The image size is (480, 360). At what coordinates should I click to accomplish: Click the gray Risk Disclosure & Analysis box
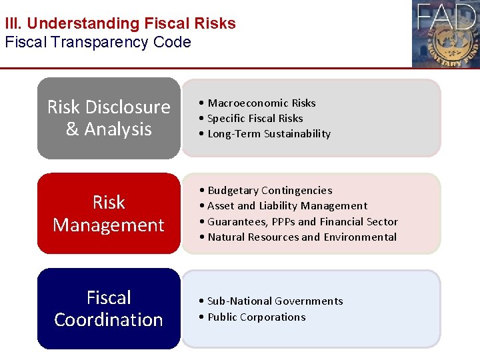tap(109, 118)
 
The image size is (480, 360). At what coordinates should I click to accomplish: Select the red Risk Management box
tap(109, 213)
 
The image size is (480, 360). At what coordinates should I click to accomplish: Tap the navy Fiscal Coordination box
tap(109, 309)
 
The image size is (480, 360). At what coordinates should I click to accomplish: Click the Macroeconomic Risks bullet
tap(261, 103)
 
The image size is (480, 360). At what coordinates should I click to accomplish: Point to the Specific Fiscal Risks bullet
tap(255, 118)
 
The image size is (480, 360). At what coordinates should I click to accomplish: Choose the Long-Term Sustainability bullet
tap(268, 133)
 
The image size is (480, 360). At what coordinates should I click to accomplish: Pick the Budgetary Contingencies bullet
tap(269, 191)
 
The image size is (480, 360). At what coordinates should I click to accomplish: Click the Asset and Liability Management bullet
tap(287, 206)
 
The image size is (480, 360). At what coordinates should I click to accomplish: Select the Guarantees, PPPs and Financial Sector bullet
tap(302, 221)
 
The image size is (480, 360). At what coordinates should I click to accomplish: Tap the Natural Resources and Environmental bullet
tap(301, 237)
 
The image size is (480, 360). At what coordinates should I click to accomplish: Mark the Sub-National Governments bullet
tap(275, 301)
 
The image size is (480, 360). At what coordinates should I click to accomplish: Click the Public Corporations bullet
tap(256, 317)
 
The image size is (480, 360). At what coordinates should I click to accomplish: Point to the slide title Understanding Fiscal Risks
tap(131, 23)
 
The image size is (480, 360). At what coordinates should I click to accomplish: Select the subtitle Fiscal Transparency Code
tap(98, 43)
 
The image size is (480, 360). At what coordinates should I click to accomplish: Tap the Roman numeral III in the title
tap(12, 23)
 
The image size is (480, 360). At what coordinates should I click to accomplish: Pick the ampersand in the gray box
tap(73, 129)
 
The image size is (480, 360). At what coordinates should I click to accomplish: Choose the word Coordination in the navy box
tap(109, 319)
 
